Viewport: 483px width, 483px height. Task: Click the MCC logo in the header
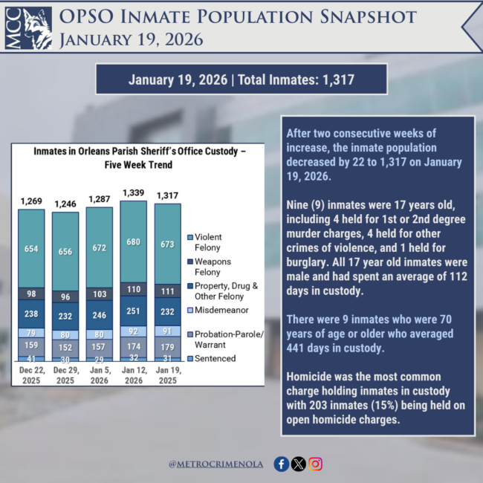28,28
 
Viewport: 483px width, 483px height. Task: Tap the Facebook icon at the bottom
281,464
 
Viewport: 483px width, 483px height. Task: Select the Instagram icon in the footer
316,464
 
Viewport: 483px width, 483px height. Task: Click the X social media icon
299,464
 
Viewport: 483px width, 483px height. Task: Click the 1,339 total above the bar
134,194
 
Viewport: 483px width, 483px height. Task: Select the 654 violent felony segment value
31,248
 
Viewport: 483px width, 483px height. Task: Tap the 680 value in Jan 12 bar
134,241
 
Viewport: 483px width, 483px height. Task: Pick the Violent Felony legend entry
207,241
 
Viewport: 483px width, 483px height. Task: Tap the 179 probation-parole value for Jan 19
168,348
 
